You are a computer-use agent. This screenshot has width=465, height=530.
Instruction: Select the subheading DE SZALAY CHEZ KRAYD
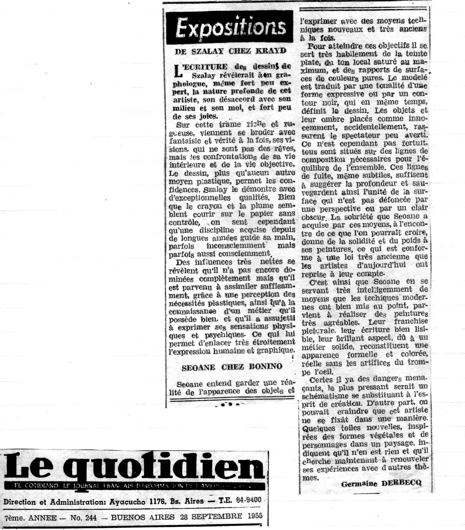pyautogui.click(x=231, y=51)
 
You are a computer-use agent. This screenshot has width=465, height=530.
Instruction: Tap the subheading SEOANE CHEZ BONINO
pyautogui.click(x=232, y=367)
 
